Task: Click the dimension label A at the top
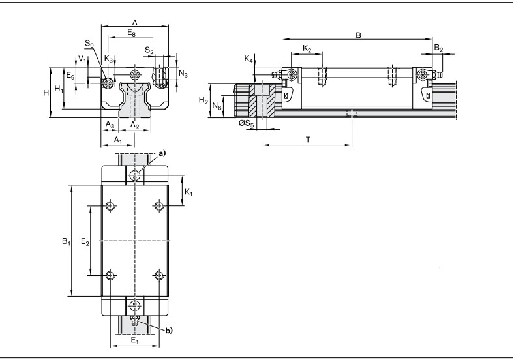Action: pos(134,23)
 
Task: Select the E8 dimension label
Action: pos(131,33)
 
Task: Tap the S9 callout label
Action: pos(89,44)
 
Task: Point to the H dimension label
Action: pos(46,93)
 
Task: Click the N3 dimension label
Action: pos(183,74)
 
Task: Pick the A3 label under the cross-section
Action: pos(110,125)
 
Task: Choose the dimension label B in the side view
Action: pos(358,35)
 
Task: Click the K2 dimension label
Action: pos(307,49)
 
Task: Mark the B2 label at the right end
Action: pos(438,48)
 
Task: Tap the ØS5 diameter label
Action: pos(247,124)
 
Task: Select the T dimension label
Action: pos(308,140)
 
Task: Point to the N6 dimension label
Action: pos(217,106)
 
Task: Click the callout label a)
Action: pos(162,154)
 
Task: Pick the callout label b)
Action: pos(169,331)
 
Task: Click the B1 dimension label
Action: pos(66,241)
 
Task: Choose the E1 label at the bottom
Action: pos(135,340)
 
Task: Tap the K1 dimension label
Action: pos(189,192)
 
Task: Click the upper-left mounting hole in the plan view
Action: pos(110,205)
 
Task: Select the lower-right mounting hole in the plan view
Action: pos(158,276)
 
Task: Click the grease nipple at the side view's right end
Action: pos(436,74)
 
